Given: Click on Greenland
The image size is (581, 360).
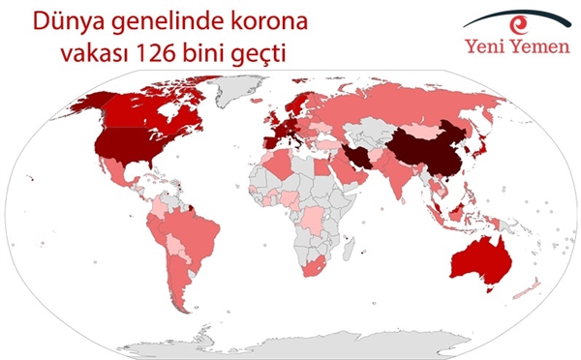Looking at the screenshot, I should click(237, 92).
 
